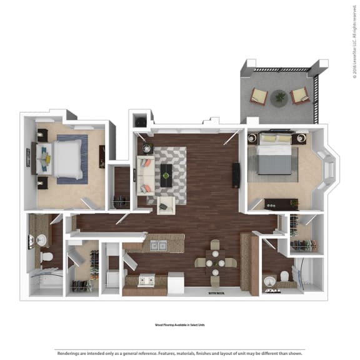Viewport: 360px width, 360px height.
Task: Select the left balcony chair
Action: [258, 96]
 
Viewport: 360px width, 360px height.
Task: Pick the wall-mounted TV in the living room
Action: [236, 174]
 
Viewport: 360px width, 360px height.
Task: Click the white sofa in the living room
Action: [146, 174]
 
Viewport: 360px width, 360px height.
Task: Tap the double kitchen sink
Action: [158, 246]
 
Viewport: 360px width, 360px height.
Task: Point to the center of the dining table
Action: [214, 262]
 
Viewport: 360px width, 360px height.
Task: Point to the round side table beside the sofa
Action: [147, 148]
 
